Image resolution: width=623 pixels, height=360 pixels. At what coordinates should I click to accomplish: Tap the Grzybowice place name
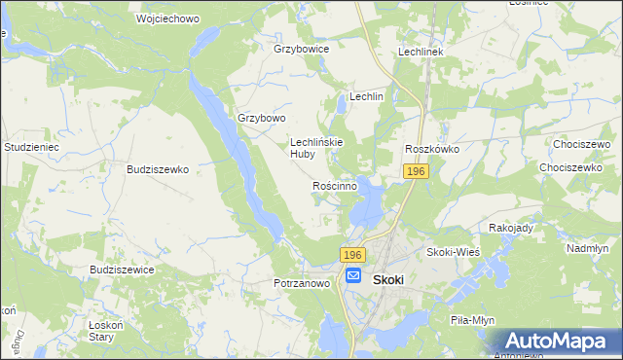click(302, 48)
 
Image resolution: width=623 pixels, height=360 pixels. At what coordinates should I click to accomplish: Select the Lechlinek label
click(421, 52)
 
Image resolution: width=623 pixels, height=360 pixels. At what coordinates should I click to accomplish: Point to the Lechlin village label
click(367, 97)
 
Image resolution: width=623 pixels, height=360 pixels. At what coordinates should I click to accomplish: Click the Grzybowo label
click(262, 118)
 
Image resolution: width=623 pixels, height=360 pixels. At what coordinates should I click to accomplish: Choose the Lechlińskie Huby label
click(314, 147)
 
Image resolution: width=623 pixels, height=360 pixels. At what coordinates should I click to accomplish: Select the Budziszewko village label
click(157, 168)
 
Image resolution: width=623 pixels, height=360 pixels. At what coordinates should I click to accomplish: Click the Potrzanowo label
click(303, 283)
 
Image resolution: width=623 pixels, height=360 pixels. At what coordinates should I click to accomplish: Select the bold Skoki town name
click(388, 277)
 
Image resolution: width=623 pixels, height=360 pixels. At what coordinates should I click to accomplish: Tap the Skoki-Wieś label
click(451, 252)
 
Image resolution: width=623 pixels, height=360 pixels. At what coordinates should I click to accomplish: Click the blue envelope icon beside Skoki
click(353, 276)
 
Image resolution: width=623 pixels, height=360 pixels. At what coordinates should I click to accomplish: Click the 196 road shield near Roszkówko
click(416, 171)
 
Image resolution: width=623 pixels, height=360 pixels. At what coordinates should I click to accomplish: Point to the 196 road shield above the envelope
click(352, 254)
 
